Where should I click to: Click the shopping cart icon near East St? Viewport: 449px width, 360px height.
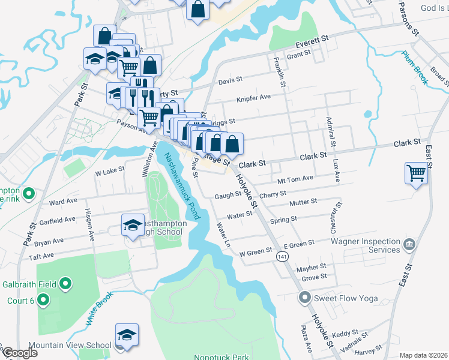[416, 173]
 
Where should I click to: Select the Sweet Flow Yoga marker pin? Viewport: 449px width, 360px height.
[304, 297]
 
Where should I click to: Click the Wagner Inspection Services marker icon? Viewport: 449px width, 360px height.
[410, 244]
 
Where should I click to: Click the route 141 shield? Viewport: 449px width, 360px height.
[281, 256]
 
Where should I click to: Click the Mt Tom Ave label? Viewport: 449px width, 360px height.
[295, 179]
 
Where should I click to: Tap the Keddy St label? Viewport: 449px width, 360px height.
[345, 333]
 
